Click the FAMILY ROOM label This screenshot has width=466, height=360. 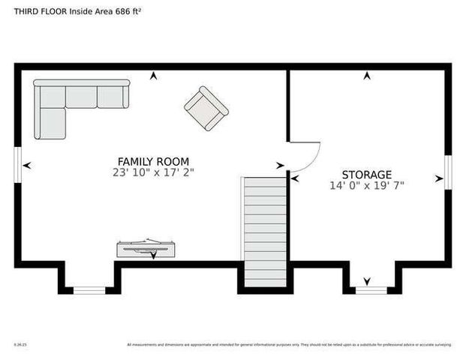click(153, 161)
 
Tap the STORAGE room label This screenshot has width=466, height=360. click(367, 174)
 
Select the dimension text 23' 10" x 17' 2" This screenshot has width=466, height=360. click(153, 172)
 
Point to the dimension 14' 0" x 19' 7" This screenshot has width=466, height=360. click(367, 185)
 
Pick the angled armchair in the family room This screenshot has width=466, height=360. click(206, 109)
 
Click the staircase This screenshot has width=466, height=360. click(264, 229)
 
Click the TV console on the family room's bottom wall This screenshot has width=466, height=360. click(146, 248)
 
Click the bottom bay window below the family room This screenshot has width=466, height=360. click(89, 289)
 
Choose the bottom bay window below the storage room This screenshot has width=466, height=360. click(371, 289)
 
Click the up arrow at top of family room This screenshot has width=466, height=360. click(154, 76)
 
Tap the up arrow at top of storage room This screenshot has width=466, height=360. click(367, 76)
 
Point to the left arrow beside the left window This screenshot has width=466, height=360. click(27, 166)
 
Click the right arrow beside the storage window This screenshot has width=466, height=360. click(439, 178)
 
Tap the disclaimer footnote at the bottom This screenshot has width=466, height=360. click(289, 345)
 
